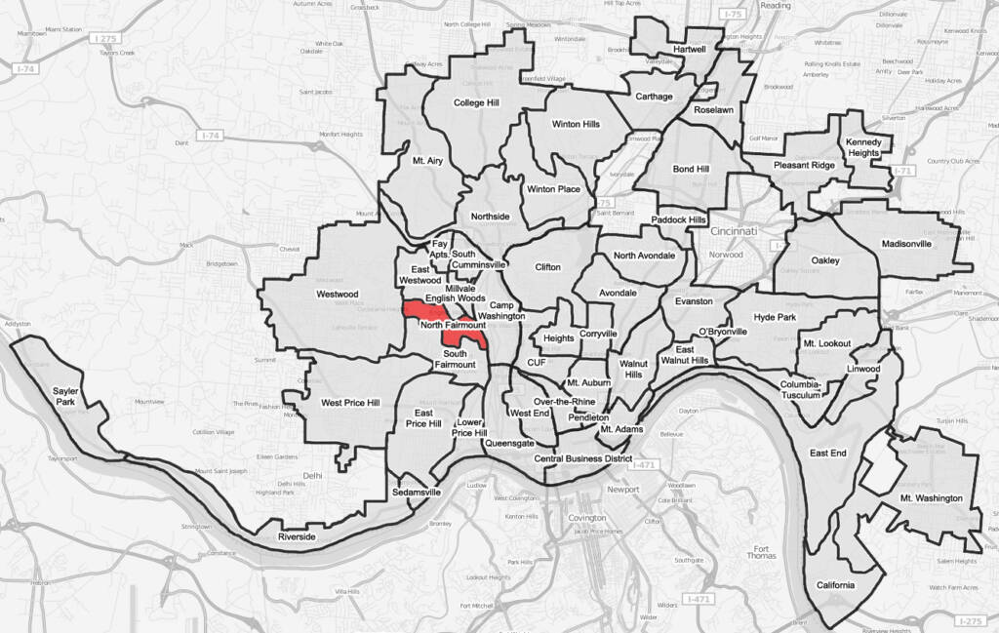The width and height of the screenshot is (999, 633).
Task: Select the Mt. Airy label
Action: point(427,161)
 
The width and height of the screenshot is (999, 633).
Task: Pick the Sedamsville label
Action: point(417,493)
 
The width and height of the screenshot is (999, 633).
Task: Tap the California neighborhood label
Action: point(836,585)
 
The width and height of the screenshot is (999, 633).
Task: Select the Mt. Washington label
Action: point(931,498)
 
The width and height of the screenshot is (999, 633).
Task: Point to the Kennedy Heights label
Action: point(863,146)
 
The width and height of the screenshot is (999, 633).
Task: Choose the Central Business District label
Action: point(583,458)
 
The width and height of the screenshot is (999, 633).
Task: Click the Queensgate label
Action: point(509,442)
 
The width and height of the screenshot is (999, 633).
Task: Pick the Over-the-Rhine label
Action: point(564,402)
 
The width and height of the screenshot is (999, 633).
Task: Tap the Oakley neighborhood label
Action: point(824,260)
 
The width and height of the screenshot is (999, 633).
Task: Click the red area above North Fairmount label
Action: point(420,311)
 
